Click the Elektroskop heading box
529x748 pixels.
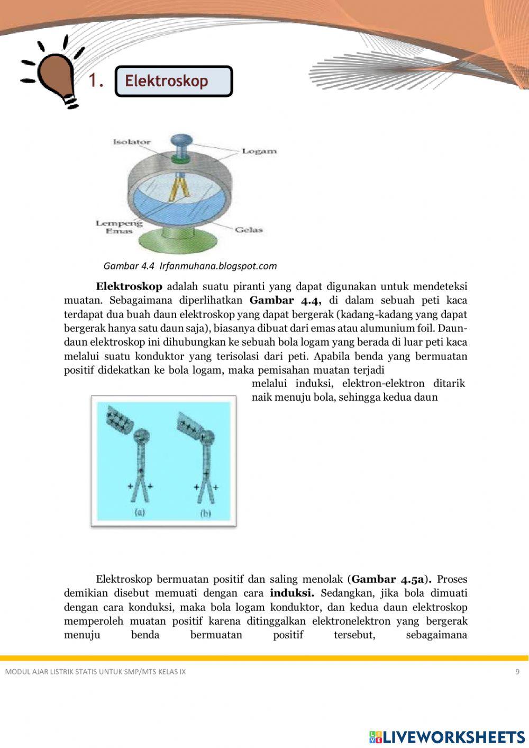[x=174, y=81]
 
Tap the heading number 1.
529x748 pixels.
[x=96, y=81]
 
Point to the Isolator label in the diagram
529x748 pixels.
[x=132, y=142]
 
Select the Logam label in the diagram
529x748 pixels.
[x=259, y=151]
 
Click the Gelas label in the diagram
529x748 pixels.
[x=249, y=230]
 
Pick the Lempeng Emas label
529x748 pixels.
[x=119, y=227]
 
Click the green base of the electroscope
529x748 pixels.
[x=179, y=244]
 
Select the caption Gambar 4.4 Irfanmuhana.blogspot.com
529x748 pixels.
[x=190, y=266]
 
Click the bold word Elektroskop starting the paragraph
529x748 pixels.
[x=129, y=286]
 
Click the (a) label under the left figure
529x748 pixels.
[x=140, y=512]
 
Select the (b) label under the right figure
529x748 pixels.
[x=206, y=513]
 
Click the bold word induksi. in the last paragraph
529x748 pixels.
[x=291, y=593]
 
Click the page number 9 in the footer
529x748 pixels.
[x=517, y=672]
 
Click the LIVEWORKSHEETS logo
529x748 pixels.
[x=446, y=737]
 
